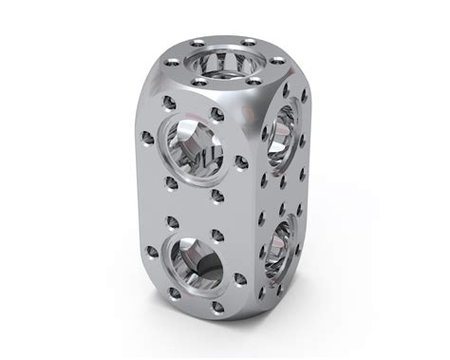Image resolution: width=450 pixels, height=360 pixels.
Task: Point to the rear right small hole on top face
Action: (249, 43)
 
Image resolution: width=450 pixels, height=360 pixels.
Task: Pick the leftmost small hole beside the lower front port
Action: (151, 253)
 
